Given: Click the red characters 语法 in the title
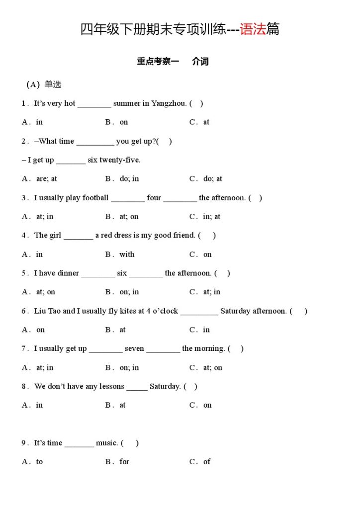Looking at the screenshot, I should tap(253, 29).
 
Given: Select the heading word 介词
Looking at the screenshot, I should tap(200, 62).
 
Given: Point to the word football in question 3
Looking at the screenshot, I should tap(95, 198).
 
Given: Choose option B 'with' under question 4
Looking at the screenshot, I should tap(127, 254).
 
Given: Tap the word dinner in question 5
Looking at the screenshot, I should tap(68, 273).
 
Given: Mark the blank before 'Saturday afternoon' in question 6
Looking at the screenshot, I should tap(199, 312).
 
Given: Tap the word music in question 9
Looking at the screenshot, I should tap(106, 443).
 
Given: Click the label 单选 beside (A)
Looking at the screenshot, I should tap(53, 85).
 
